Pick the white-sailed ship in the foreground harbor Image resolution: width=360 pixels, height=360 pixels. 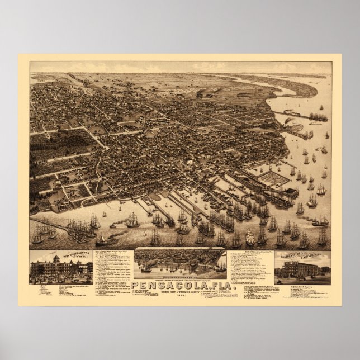(250, 237)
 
